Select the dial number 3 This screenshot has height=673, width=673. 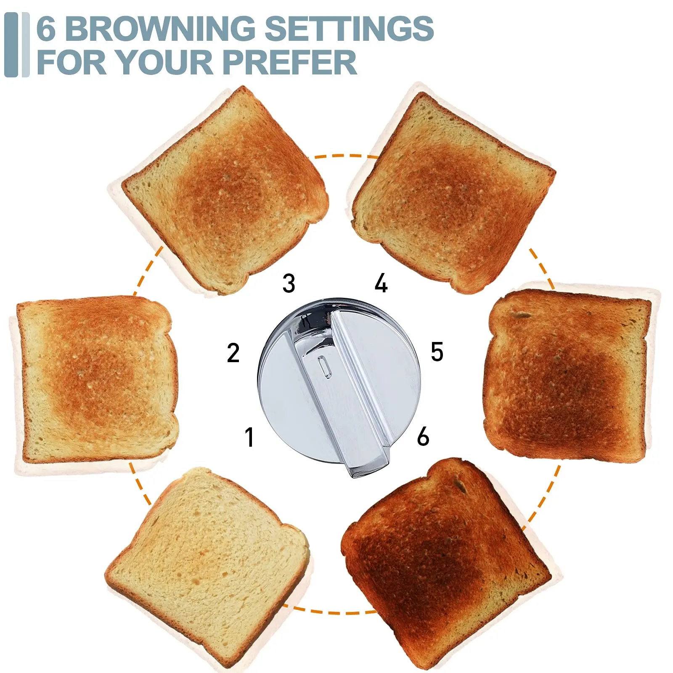pos(289,283)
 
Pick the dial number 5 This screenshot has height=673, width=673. pos(437,352)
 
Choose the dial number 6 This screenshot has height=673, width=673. pos(423,436)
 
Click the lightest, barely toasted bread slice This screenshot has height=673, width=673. pos(206,564)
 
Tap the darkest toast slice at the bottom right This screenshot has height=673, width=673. pos(446,559)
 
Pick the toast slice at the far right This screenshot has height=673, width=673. pos(566,374)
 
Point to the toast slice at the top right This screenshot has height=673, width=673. pos(452,191)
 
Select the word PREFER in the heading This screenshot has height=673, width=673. pos(290,62)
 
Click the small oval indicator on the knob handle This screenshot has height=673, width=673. pos(323,366)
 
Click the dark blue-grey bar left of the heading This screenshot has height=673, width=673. pos(11,45)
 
